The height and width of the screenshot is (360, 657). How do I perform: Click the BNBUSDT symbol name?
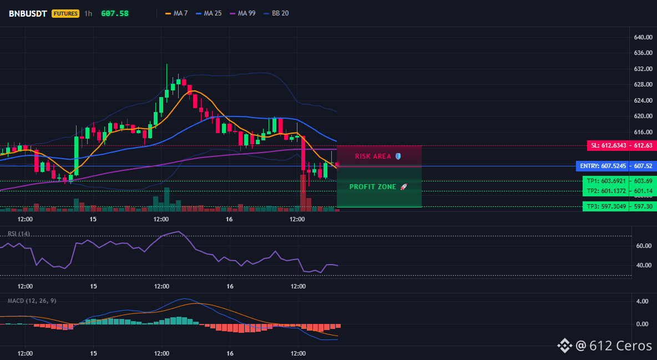(x=28, y=13)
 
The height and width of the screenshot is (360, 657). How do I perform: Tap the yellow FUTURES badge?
(x=65, y=13)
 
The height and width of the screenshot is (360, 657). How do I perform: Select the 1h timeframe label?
(x=88, y=13)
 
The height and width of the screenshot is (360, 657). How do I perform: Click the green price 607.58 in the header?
(x=115, y=13)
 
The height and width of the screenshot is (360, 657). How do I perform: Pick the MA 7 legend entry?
(x=176, y=13)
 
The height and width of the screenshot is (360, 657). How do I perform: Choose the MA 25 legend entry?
(x=208, y=13)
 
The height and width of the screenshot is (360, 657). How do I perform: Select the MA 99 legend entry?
(x=242, y=13)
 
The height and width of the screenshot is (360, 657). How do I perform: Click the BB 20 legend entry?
(x=276, y=13)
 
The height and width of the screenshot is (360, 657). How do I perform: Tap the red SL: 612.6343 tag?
(x=608, y=145)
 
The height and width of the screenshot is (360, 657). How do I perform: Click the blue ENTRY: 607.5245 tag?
(x=602, y=166)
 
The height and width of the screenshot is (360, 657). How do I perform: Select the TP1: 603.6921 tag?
(x=605, y=181)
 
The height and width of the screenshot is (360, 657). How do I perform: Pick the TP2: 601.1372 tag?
(x=605, y=191)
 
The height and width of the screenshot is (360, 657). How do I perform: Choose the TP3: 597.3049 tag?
(x=605, y=206)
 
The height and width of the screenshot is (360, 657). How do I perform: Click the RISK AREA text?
(x=373, y=156)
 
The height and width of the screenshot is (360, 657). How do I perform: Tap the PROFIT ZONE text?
(x=373, y=187)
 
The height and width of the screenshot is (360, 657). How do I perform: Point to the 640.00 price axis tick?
(x=643, y=37)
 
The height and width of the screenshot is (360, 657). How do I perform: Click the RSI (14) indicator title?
(x=19, y=234)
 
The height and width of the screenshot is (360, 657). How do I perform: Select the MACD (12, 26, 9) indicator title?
(x=32, y=301)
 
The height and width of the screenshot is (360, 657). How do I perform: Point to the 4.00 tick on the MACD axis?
(x=643, y=301)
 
